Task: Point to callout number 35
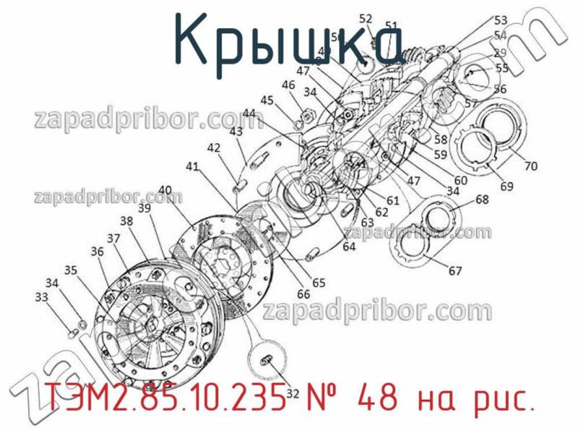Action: pyautogui.click(x=71, y=270)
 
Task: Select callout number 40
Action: pyautogui.click(x=165, y=191)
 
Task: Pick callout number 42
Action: pyautogui.click(x=213, y=147)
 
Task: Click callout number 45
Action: pyautogui.click(x=267, y=100)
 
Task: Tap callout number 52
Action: pyautogui.click(x=366, y=20)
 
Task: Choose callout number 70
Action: pyautogui.click(x=531, y=166)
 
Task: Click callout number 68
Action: pyautogui.click(x=482, y=199)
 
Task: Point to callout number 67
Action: pyautogui.click(x=455, y=272)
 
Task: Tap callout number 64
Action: pyautogui.click(x=349, y=246)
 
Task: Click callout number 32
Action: pyautogui.click(x=293, y=394)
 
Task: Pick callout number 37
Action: pyautogui.click(x=113, y=239)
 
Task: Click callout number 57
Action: pyautogui.click(x=471, y=103)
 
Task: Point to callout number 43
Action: pyautogui.click(x=236, y=132)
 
